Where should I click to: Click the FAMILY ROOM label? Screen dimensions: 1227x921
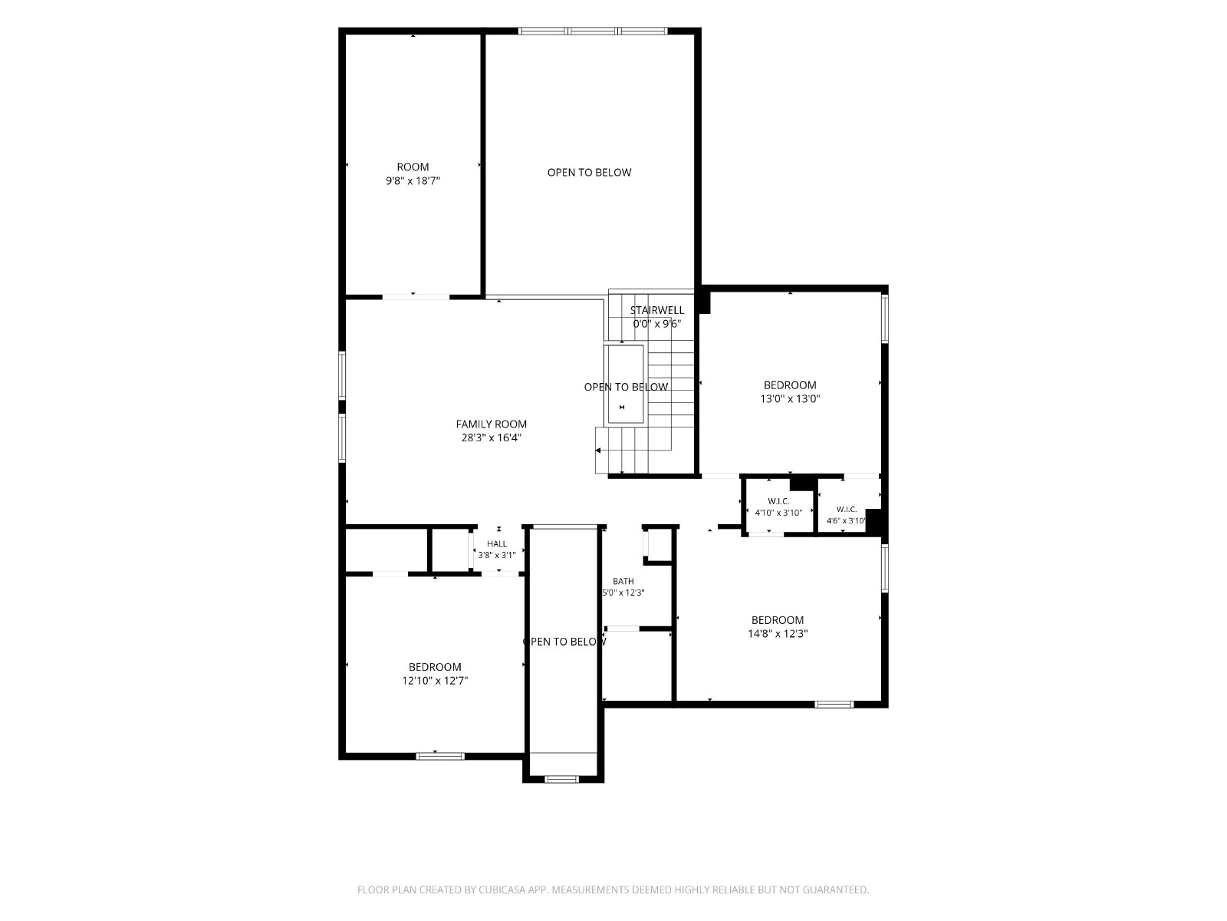click(x=491, y=424)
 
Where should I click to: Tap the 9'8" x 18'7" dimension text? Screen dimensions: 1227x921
click(x=413, y=180)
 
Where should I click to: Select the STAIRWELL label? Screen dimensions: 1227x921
click(x=656, y=310)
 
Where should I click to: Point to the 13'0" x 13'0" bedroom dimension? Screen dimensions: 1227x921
click(x=790, y=398)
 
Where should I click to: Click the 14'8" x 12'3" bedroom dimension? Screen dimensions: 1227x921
click(x=778, y=634)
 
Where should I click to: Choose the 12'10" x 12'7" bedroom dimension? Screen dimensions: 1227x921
click(x=435, y=681)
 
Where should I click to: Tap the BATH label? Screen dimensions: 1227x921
click(x=623, y=581)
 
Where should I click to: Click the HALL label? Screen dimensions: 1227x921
click(x=497, y=543)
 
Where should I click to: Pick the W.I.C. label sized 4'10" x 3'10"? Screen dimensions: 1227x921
click(x=778, y=501)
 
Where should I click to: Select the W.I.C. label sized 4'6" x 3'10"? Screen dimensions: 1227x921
click(x=847, y=509)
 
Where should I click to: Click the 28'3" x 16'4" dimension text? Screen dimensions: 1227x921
click(x=491, y=437)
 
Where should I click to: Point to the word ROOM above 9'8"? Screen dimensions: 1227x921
click(x=413, y=167)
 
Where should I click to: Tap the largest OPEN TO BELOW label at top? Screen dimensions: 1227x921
click(x=589, y=172)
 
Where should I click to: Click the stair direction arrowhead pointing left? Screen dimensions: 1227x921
click(x=598, y=451)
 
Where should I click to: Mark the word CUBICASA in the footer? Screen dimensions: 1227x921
click(x=502, y=889)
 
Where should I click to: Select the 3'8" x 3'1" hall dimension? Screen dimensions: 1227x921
click(x=497, y=555)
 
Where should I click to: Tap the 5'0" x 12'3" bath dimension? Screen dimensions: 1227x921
click(x=623, y=593)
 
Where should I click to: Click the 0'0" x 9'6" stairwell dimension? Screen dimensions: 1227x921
click(x=656, y=324)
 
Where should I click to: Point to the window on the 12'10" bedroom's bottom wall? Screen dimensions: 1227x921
click(x=440, y=756)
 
